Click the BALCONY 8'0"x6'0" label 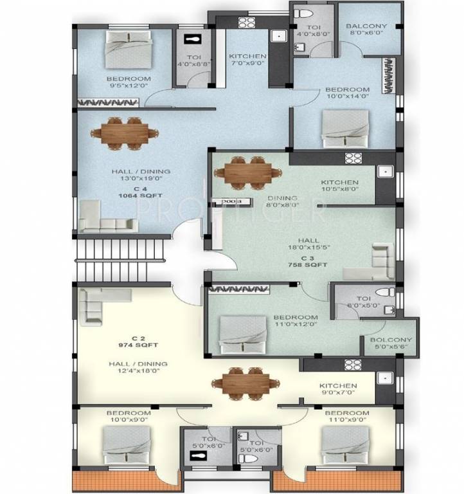pyautogui.click(x=366, y=31)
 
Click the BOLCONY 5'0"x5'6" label pyautogui.click(x=391, y=344)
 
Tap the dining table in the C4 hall pyautogui.click(x=124, y=133)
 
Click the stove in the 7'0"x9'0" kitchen pyautogui.click(x=247, y=23)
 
